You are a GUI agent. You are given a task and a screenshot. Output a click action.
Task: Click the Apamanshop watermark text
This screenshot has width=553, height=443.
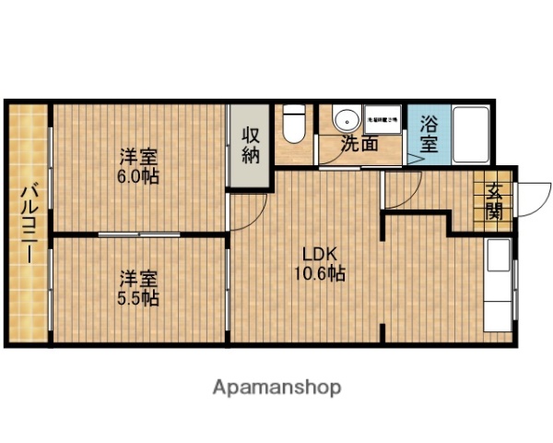tap(277, 387)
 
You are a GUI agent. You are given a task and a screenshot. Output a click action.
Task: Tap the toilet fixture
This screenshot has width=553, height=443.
tap(294, 124)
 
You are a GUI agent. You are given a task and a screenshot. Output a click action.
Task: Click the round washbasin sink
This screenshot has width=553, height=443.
tap(346, 121)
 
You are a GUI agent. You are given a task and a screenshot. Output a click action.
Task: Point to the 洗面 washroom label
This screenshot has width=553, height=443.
tap(359, 144)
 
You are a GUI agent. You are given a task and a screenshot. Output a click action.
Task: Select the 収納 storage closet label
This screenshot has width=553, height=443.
tap(251, 144)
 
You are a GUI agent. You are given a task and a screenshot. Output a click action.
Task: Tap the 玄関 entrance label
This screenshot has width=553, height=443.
tap(495, 201)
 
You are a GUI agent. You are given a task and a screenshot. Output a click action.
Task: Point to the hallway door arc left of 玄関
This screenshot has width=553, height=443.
tap(404, 190)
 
